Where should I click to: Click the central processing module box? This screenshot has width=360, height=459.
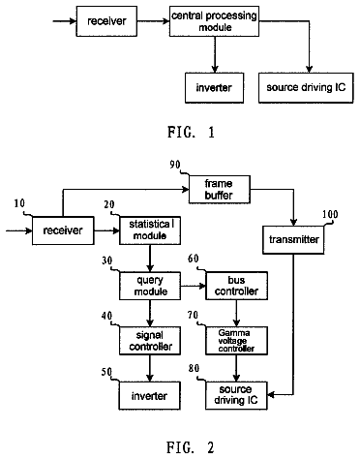click(214, 21)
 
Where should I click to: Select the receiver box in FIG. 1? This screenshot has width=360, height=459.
click(106, 21)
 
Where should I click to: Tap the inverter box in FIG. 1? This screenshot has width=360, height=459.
click(214, 88)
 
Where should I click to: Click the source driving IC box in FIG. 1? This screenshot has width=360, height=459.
click(306, 88)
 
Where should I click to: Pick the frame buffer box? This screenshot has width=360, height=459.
click(220, 189)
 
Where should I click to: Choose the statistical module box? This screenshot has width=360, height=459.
click(150, 230)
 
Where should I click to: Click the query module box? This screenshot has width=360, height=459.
click(150, 286)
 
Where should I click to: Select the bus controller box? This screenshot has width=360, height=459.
click(237, 286)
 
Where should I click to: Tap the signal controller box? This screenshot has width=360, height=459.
click(150, 341)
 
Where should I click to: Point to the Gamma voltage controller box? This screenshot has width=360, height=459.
click(237, 341)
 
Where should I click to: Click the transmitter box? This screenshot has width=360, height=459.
click(293, 240)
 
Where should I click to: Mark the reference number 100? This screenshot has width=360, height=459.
click(330, 215)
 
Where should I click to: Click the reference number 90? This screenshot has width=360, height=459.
click(175, 165)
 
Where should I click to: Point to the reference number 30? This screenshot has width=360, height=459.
click(107, 260)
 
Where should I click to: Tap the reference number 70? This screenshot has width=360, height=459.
click(193, 315)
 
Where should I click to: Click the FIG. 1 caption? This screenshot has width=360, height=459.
click(191, 132)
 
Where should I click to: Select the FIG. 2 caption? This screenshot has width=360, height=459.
click(191, 447)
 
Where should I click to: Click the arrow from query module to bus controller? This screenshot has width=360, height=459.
click(194, 286)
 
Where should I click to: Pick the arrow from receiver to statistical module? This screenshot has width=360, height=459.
click(106, 230)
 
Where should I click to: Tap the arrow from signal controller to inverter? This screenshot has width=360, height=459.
click(150, 368)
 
